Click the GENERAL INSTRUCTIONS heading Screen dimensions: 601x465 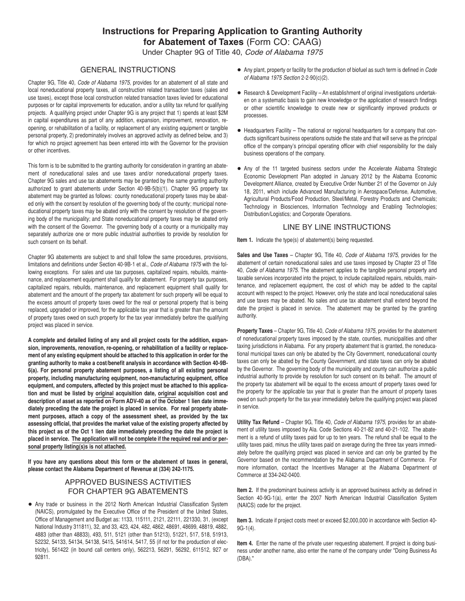(x=128, y=70)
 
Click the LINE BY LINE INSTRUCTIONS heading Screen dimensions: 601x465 (x=337, y=227)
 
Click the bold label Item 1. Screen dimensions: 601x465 (x=245, y=240)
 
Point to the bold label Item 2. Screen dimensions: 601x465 (x=245, y=490)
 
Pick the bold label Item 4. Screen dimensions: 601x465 (x=245, y=543)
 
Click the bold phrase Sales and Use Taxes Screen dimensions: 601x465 (x=262, y=255)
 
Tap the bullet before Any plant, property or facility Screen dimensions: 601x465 (x=238, y=70)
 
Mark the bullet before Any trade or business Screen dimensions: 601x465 (x=30, y=504)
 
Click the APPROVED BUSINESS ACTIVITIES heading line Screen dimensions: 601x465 (x=127, y=481)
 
